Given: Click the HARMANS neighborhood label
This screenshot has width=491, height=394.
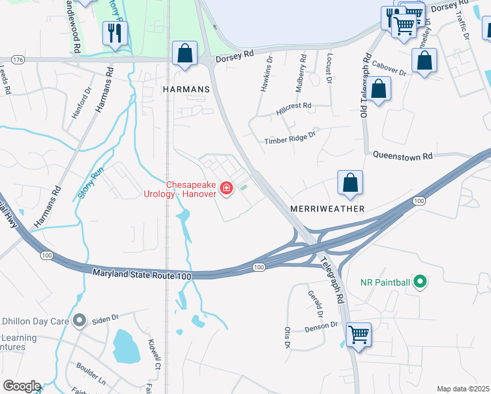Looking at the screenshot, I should point(186,89).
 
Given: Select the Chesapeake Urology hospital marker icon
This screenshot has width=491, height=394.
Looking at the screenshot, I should point(227,189).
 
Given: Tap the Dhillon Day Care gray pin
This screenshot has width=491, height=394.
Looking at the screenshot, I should point(80,321).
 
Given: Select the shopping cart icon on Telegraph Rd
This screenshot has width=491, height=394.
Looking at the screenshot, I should point(358,334).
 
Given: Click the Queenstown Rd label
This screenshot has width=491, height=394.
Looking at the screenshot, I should point(403,156).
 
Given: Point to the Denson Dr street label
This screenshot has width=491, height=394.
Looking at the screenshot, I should point(320,324).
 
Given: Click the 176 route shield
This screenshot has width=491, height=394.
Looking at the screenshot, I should point(18,60).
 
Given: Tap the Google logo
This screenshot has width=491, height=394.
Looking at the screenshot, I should point(21,386).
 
